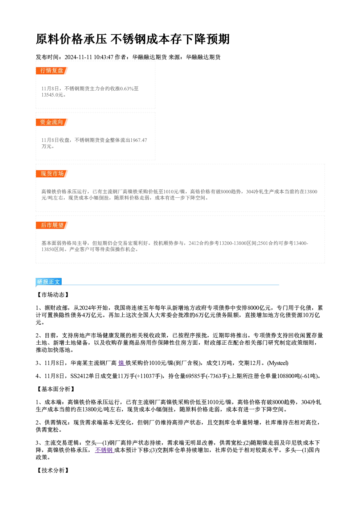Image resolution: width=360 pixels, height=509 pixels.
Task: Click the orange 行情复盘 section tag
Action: pyautogui.click(x=52, y=71)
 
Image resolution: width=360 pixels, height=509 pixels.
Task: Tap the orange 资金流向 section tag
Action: pyautogui.click(x=52, y=122)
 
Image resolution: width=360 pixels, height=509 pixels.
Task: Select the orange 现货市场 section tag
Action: pyautogui.click(x=52, y=174)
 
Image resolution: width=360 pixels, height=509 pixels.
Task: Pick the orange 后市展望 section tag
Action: pyautogui.click(x=52, y=225)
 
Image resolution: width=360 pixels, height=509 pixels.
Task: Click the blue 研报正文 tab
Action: pyautogui.click(x=49, y=282)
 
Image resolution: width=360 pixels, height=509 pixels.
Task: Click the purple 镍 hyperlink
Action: pyautogui.click(x=122, y=363)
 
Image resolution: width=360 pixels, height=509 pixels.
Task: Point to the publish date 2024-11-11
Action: pyautogui.click(x=78, y=57)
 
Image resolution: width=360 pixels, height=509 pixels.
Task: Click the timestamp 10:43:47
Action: pyautogui.click(x=103, y=57)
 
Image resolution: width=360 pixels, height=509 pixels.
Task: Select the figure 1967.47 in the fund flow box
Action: pyautogui.click(x=139, y=140)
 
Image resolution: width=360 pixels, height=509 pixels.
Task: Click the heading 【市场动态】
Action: pyautogui.click(x=53, y=295)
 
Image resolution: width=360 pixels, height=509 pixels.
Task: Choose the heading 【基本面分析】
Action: pyautogui.click(x=56, y=389)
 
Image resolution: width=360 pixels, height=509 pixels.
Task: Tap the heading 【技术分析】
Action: pyautogui.click(x=53, y=471)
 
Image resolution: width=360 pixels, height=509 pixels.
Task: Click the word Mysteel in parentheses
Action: pyautogui.click(x=278, y=363)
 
